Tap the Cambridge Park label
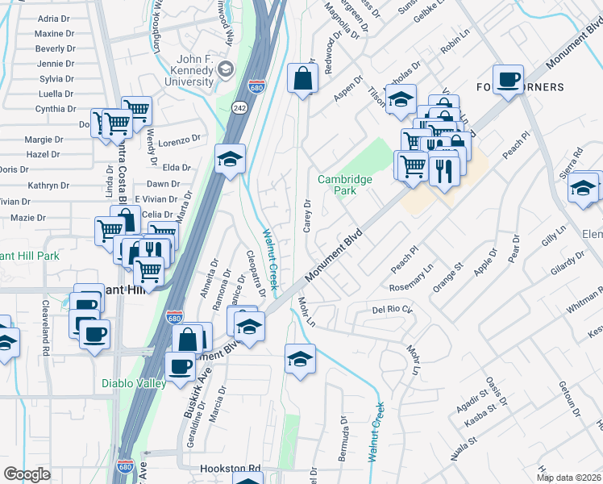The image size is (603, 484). tap(345, 185)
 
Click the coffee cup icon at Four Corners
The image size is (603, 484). tap(508, 79)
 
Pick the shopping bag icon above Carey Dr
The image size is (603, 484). tap(302, 79)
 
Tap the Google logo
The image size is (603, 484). tap(27, 474)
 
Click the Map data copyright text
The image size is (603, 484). tap(569, 478)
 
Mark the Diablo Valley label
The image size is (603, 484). tap(134, 383)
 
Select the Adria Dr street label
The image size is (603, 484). tap(54, 19)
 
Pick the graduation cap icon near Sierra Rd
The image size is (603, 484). tap(582, 189)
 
